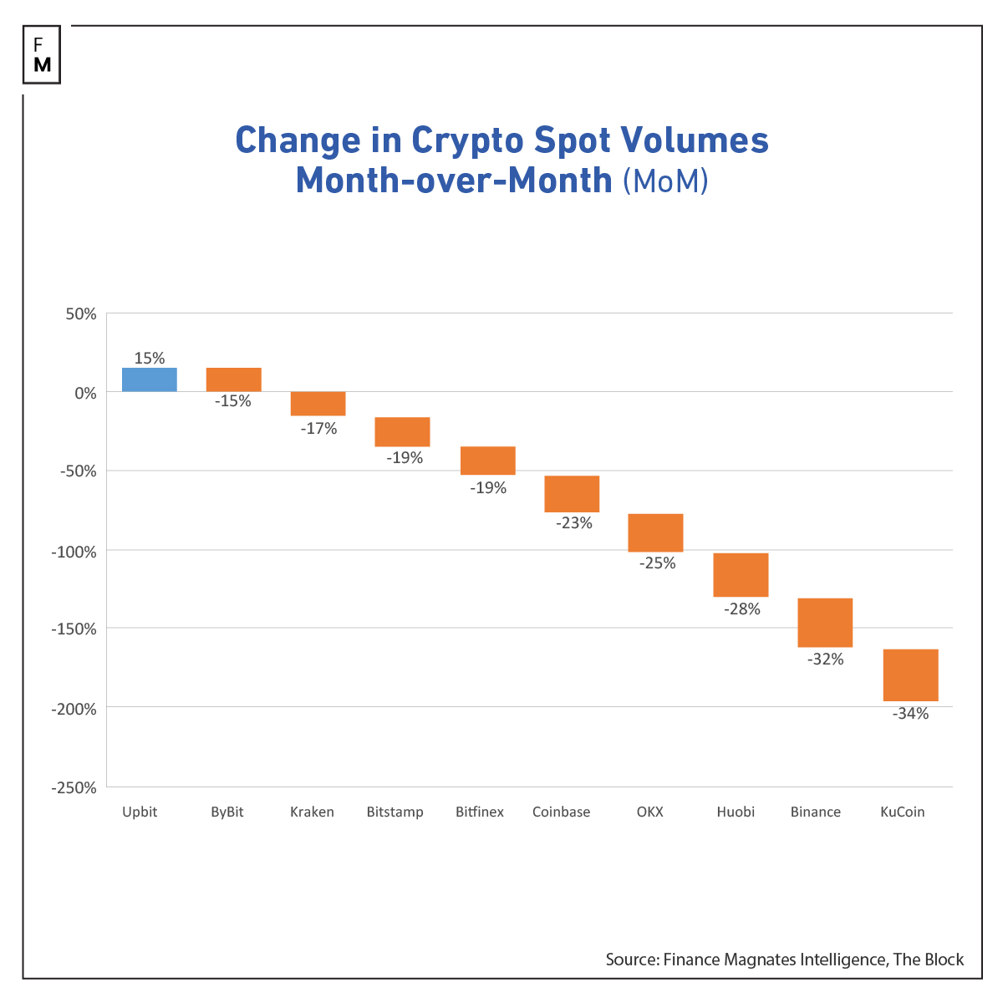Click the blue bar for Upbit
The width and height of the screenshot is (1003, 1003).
click(x=150, y=379)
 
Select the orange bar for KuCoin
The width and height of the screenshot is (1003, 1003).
click(x=910, y=675)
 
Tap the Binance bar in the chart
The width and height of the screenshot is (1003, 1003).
click(x=825, y=623)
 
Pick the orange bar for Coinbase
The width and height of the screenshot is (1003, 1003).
click(x=572, y=494)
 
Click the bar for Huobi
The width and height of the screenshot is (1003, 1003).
click(x=741, y=575)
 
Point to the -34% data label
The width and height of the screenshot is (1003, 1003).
click(x=910, y=714)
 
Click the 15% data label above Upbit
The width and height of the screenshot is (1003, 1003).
click(x=150, y=359)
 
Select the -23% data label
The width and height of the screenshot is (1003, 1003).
click(x=573, y=523)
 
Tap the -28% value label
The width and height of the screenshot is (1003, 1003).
click(x=741, y=609)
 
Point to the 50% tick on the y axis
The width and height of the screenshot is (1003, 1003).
click(x=81, y=314)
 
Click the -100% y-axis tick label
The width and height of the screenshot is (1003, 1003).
click(x=74, y=552)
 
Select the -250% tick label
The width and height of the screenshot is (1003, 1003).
click(x=74, y=788)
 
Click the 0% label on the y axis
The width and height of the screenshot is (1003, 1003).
click(x=84, y=393)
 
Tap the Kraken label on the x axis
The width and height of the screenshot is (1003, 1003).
click(x=312, y=812)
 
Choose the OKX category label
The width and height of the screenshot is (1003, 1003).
click(x=649, y=812)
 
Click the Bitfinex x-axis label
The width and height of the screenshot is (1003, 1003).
click(x=480, y=812)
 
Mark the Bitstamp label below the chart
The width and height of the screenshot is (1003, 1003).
click(x=395, y=812)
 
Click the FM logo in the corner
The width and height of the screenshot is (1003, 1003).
click(x=43, y=55)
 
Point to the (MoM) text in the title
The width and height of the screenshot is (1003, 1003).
click(x=665, y=181)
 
